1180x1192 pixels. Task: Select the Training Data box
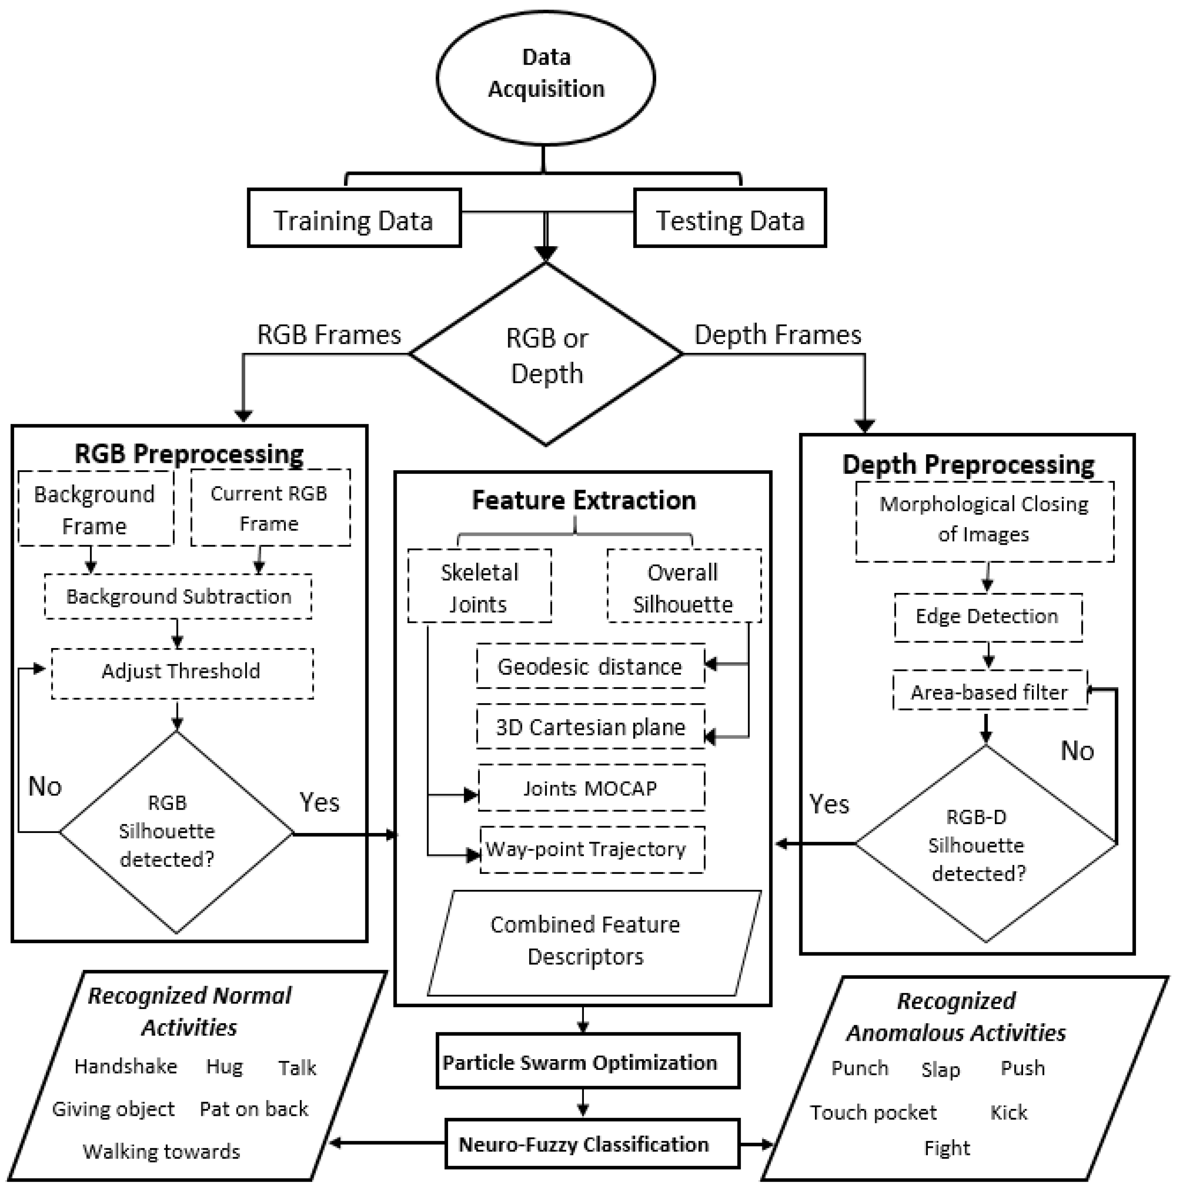pos(354,219)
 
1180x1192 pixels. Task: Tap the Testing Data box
pos(730,219)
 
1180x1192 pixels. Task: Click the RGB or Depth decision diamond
pos(546,354)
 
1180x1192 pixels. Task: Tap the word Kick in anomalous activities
pos(1009,1112)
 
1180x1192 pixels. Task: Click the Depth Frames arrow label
pos(777,335)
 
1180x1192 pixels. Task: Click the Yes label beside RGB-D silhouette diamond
pos(829,805)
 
